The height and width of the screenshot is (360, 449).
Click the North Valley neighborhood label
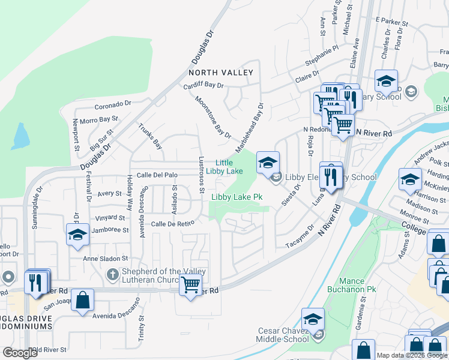coord(221,73)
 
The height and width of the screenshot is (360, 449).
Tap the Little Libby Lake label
coord(224,167)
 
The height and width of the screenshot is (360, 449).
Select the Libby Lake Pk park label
coord(237,197)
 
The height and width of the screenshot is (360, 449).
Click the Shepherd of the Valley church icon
coord(112,275)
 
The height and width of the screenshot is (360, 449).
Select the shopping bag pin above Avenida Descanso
coord(83,300)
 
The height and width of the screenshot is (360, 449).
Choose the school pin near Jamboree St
coord(78,235)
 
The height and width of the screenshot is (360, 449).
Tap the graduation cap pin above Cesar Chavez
coord(313,320)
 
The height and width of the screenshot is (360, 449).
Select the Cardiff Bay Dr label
coord(203,85)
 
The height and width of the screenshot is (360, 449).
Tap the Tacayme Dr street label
coord(300,237)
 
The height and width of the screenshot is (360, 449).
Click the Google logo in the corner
coord(20,353)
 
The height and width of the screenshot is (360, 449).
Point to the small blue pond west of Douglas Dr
coord(20,137)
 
